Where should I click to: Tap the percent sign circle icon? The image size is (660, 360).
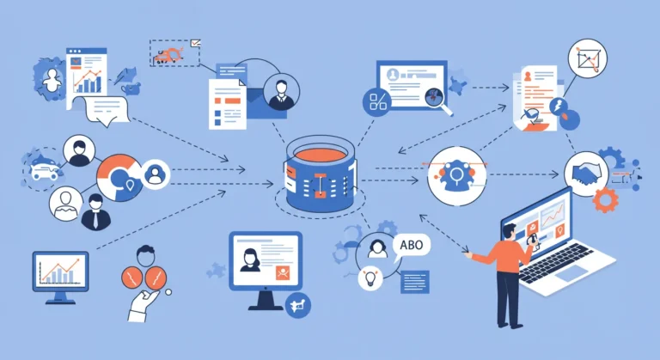(377, 102)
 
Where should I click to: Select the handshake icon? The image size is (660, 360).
(586, 174)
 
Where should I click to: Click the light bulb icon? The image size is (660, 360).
(370, 278)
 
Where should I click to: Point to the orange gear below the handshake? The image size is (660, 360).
(605, 200)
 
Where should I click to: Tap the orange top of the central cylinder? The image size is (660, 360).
(321, 155)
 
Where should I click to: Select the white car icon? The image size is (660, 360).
(44, 170)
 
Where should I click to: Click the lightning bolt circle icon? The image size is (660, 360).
(559, 107)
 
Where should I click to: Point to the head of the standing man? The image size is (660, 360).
(510, 231)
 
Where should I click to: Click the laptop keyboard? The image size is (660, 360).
(556, 262)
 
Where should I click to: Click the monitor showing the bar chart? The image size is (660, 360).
(61, 278)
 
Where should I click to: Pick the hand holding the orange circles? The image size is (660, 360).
(142, 304)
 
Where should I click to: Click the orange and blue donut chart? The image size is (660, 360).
(119, 177)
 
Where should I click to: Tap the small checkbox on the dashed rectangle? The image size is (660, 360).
(195, 43)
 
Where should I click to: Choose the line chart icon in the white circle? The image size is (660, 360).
(587, 58)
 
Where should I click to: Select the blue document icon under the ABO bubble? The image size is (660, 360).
(414, 282)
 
